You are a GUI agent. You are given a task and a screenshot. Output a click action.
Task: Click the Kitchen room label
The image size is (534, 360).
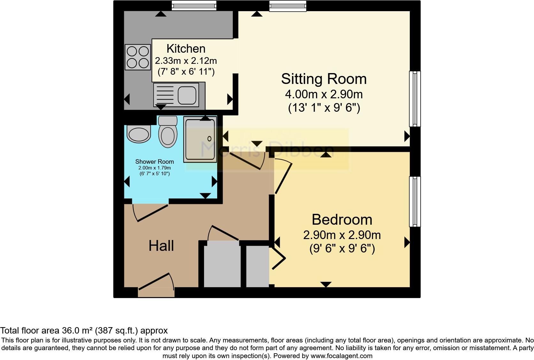point(186,49)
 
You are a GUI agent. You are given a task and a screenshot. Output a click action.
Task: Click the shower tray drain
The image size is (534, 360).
point(210,139)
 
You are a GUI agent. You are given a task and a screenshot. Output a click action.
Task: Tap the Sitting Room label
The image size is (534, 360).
point(324,79)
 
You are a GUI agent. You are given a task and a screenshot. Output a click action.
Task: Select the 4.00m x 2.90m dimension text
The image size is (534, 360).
point(324,94)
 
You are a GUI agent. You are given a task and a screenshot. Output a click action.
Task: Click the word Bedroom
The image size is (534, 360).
point(342,220)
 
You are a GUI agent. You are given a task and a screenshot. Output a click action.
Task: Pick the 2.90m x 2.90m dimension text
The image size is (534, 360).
point(342,235)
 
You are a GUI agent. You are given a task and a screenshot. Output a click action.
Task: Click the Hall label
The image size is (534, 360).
point(161,246)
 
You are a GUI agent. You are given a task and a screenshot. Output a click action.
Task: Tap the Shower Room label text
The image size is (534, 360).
point(155,161)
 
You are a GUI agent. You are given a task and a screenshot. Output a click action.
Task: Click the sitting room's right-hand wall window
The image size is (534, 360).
point(415,99)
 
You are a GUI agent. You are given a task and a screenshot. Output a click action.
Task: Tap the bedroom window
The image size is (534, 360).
point(415,202)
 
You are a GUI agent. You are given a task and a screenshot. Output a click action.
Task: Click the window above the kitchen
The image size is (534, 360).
point(194,5)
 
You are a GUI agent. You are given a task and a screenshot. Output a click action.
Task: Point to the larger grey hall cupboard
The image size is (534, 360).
point(222,264)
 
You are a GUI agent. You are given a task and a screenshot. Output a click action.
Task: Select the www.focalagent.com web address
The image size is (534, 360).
point(341,356)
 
